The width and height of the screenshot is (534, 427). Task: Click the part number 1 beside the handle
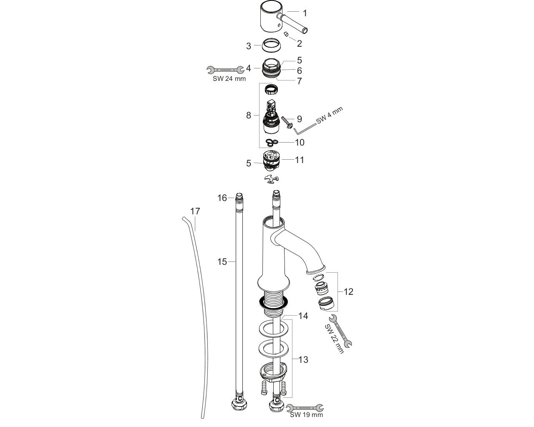coord(305,13)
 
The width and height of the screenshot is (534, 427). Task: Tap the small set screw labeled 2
coord(286,34)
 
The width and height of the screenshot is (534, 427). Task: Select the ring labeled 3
coord(272,45)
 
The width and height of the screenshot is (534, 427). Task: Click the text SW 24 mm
coord(229,79)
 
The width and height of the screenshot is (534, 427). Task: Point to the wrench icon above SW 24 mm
coord(226,70)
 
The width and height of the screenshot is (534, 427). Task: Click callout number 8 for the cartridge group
coord(248,116)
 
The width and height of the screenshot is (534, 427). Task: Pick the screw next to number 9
coord(287,123)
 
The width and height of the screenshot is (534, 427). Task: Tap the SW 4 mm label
coord(330,116)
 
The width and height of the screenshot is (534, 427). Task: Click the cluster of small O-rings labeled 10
coord(272,142)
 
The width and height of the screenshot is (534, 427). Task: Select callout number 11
coord(300,160)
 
